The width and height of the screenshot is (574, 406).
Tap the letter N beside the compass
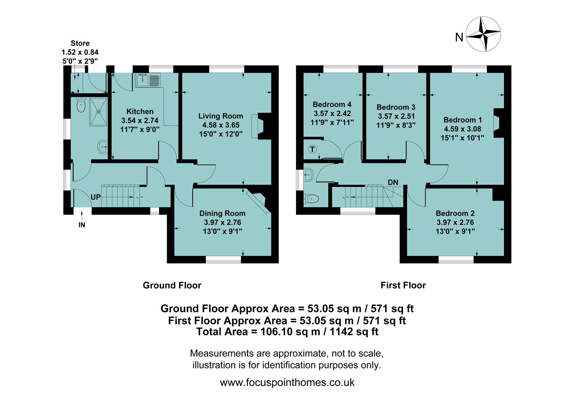[459, 38]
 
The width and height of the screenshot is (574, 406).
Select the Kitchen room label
[140, 112]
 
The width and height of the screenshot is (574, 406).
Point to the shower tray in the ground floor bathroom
[98, 111]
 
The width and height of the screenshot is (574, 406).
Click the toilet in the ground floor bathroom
[81, 105]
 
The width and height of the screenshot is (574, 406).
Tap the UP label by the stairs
[95, 197]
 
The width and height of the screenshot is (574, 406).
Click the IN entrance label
[82, 225]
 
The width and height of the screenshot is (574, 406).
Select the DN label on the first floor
[393, 182]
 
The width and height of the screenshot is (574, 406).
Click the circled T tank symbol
[313, 150]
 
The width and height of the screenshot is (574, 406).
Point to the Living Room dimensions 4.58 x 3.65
[221, 125]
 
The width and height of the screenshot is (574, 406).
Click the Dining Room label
[222, 214]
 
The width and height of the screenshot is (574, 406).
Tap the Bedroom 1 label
[462, 120]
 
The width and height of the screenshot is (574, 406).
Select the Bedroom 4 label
[332, 105]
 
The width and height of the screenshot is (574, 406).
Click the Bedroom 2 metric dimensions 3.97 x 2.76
[455, 222]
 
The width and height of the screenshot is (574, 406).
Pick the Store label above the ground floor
[80, 43]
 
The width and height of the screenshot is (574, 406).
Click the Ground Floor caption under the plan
[172, 285]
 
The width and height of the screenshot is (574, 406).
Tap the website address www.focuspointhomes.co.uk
[287, 383]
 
